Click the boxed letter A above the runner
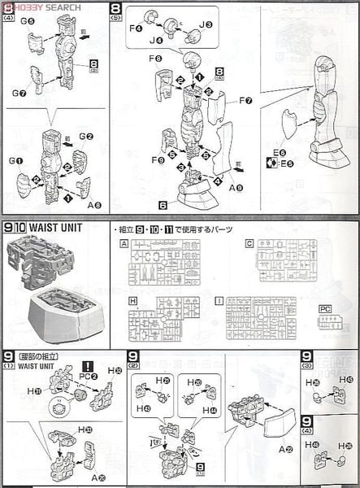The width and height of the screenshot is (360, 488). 124,243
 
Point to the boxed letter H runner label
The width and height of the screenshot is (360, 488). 132,301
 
